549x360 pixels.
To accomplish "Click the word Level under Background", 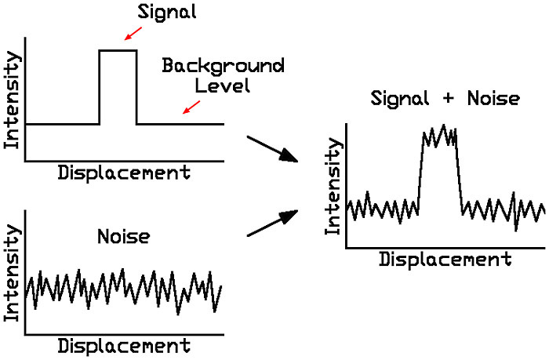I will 223,84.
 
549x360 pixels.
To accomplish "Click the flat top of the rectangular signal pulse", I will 118,50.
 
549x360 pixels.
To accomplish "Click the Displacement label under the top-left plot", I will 124,173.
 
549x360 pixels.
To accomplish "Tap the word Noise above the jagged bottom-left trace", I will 123,235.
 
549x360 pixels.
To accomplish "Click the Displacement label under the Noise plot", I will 124,346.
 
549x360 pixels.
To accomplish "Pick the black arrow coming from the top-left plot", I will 273,149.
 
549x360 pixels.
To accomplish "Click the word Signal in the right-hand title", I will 405,100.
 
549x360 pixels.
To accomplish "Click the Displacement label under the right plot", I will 445,259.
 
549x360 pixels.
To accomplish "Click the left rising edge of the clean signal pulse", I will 99,86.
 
